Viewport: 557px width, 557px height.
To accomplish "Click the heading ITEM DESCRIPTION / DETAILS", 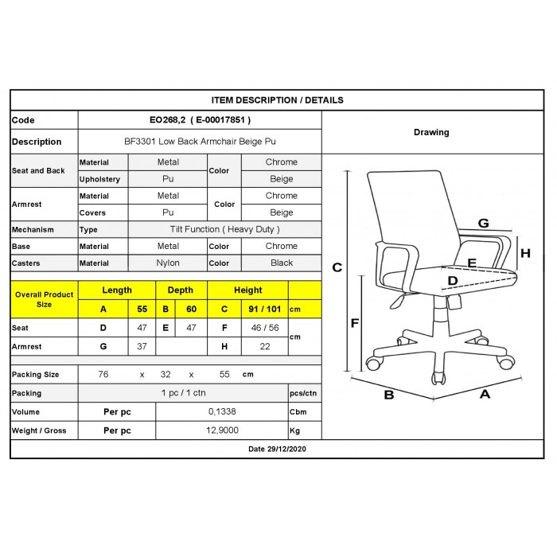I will pos(278,100).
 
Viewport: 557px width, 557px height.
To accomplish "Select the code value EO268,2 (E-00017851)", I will pos(200,120).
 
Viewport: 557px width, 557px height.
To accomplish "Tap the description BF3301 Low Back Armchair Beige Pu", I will pos(200,142).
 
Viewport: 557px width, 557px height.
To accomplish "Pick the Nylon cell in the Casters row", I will pos(168,263).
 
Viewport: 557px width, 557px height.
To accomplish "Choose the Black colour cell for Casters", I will pos(282,263).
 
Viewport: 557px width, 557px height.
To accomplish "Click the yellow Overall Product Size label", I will pos(44,299).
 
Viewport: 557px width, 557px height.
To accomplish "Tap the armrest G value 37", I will pos(142,346).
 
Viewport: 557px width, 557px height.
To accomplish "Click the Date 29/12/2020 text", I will pos(278,450).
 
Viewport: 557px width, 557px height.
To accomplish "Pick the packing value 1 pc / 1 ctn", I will pos(184,393).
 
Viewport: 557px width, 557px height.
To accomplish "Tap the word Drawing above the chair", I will pos(431,132).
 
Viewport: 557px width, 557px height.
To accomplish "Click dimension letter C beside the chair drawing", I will pos(337,267).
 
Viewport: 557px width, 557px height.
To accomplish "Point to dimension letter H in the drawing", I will pos(525,253).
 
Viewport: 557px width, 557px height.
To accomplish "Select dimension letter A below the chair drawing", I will pos(484,393).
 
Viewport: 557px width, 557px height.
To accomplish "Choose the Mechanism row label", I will pos(33,229).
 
